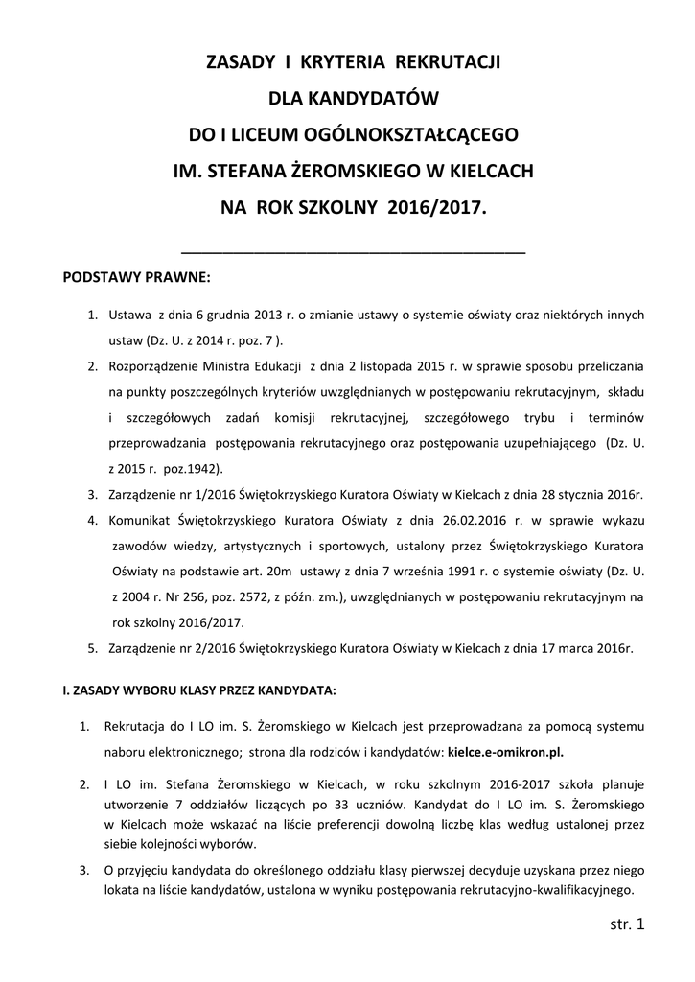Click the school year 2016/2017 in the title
tap(438, 206)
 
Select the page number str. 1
tap(627, 924)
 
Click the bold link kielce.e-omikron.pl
tap(520, 751)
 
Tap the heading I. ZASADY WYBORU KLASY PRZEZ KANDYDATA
tap(199, 690)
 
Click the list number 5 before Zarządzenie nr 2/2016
tap(93, 647)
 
